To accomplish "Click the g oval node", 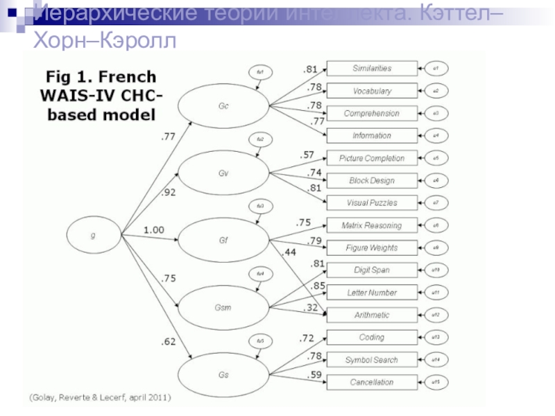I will (x=94, y=236).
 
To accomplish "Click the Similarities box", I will (x=372, y=68).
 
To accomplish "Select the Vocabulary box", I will (x=372, y=91).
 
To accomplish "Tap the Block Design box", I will (x=372, y=180).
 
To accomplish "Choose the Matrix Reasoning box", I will (x=372, y=225).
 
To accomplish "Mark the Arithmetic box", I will (x=372, y=315).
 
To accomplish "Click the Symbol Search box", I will (x=372, y=360).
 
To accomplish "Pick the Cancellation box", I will (x=372, y=382).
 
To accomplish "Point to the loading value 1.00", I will (x=154, y=229).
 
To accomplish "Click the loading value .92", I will (x=169, y=192).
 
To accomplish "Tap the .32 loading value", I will (x=310, y=307).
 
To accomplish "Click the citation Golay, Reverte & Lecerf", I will (x=100, y=397).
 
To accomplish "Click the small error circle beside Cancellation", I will (x=436, y=382).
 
